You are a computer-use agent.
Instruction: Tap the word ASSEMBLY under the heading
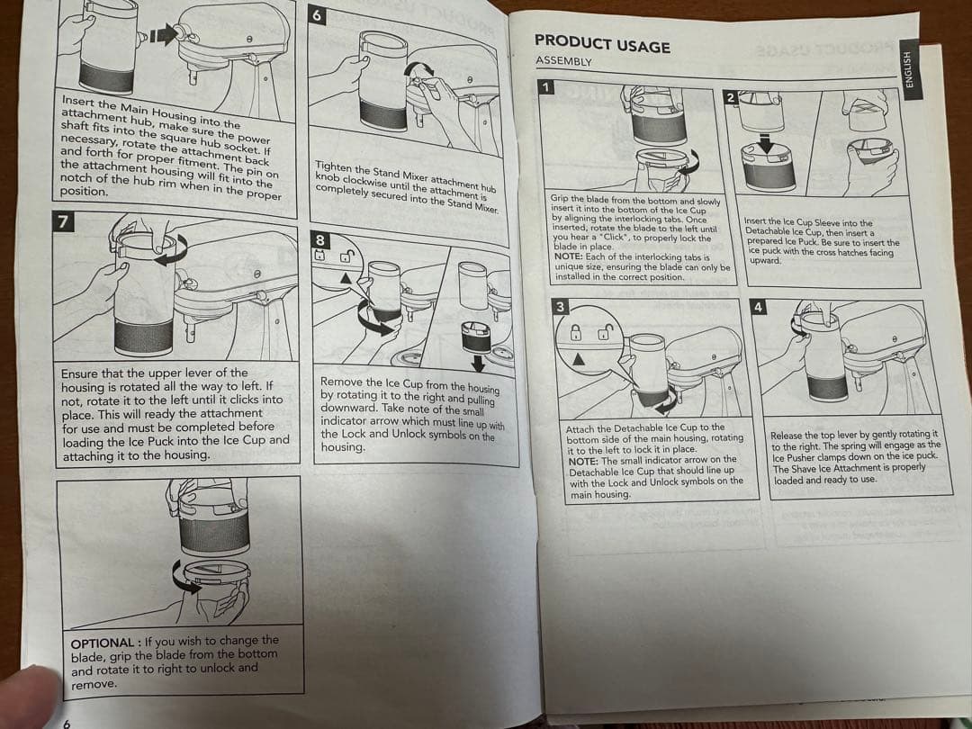(x=563, y=61)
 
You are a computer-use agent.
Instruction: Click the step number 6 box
(x=317, y=14)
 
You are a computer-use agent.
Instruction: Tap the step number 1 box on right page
(x=544, y=86)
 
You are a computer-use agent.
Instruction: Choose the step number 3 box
(x=560, y=307)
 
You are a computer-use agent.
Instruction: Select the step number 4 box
(x=759, y=307)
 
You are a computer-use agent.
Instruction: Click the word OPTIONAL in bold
(x=102, y=642)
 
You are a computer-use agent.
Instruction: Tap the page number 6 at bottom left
(x=66, y=722)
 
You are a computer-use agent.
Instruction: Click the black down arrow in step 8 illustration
(x=477, y=362)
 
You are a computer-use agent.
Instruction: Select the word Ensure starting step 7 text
(x=81, y=373)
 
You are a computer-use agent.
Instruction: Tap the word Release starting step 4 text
(x=789, y=435)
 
